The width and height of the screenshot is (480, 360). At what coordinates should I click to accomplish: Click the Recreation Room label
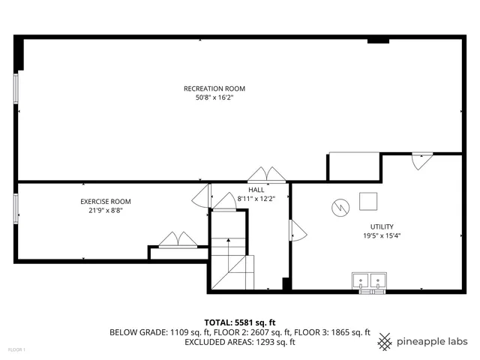(x=214, y=88)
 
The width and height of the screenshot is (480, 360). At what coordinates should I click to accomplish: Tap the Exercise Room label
(x=106, y=201)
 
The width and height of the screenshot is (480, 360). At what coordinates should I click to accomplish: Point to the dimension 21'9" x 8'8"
(x=106, y=211)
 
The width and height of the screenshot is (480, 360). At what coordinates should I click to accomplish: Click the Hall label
(x=256, y=190)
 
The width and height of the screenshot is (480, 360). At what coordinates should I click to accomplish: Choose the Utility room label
(x=381, y=226)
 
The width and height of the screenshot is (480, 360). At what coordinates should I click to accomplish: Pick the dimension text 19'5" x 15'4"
(x=381, y=236)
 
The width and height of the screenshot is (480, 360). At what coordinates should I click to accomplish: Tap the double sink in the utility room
(x=370, y=281)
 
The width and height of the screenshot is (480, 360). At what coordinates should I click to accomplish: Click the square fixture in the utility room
(x=367, y=202)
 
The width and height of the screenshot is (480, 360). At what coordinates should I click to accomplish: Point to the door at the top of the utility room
(x=421, y=160)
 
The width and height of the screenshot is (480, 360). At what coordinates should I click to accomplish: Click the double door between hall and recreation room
(x=267, y=175)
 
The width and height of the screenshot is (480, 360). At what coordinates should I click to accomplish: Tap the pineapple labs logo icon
(x=385, y=341)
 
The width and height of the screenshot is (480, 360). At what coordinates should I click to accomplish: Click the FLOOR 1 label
(x=16, y=349)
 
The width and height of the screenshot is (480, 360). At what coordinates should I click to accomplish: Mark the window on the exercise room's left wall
(x=16, y=208)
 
